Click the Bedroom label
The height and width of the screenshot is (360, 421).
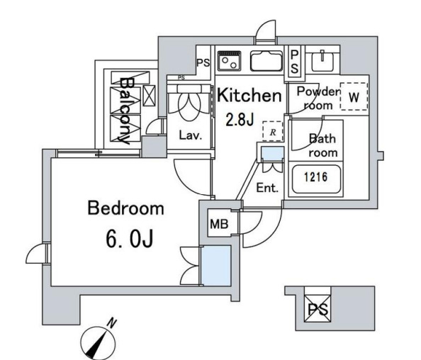tap(125, 208)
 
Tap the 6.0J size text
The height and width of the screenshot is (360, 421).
tap(130, 239)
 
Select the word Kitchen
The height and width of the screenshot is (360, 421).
tap(249, 95)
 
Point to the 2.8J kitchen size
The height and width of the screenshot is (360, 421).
tap(240, 120)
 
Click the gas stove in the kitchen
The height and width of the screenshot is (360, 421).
tap(230, 61)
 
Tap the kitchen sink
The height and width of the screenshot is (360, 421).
tap(266, 61)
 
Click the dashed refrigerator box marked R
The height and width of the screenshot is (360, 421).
tap(273, 131)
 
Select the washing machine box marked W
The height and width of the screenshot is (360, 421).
tap(354, 96)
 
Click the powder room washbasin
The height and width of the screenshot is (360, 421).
tap(322, 61)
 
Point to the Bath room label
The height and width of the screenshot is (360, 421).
tap(322, 146)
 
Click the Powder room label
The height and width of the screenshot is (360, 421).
tap(318, 99)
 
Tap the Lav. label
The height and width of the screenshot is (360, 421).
tap(190, 135)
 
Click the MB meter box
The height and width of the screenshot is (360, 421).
tap(219, 224)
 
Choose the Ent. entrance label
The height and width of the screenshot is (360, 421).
tap(267, 188)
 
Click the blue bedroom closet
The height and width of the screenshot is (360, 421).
tap(216, 266)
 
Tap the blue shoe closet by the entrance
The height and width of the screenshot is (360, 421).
tap(273, 154)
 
